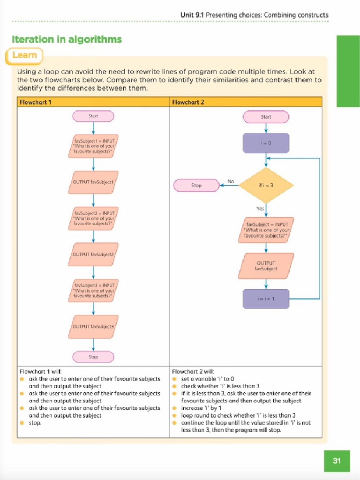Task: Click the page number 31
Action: point(337,461)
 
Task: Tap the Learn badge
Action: point(24,55)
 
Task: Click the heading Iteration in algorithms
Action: point(67,39)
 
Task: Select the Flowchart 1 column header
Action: point(36,102)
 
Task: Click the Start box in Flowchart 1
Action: point(93,116)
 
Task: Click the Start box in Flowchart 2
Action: point(266,117)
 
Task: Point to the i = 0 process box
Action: point(266,143)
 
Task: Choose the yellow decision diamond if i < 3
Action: point(266,185)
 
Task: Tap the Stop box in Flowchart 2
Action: point(196,185)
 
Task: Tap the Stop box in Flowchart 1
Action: point(93,357)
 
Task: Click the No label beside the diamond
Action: point(231,181)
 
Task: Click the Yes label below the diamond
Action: point(260,209)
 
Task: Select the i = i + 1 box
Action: point(266,299)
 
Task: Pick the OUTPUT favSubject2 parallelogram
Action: point(93,254)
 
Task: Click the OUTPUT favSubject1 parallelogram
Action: point(93,182)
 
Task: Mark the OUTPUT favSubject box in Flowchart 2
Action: point(266,266)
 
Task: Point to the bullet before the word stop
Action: point(22,423)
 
